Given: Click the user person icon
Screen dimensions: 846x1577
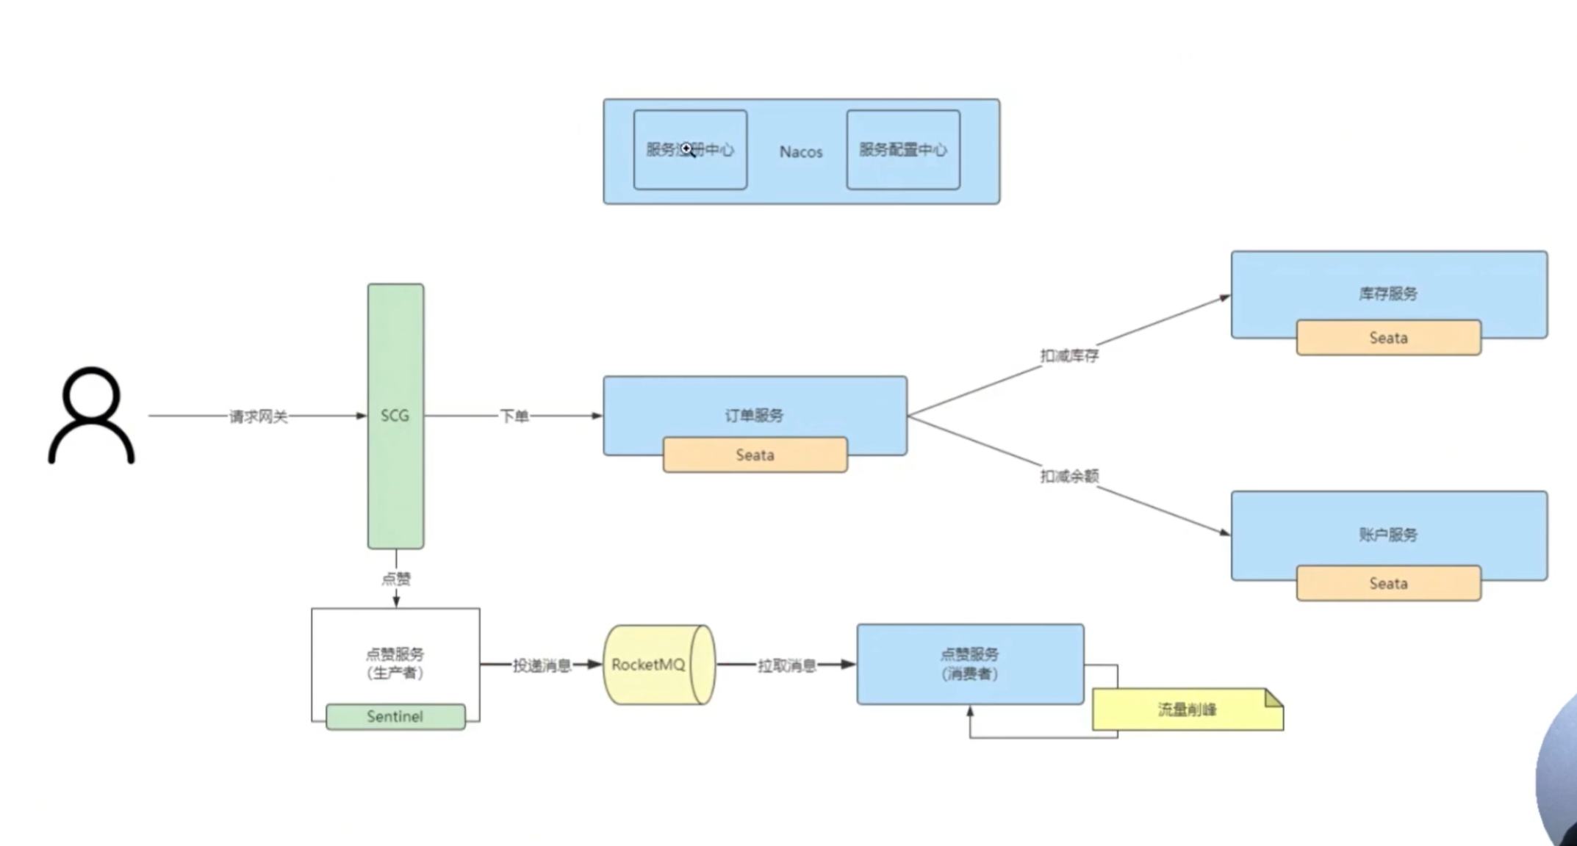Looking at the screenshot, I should coord(91,416).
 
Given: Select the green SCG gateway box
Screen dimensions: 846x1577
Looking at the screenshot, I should coord(395,416).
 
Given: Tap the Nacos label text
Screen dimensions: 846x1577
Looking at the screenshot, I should coord(800,152).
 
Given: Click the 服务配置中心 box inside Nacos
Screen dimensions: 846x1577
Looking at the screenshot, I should coord(902,150).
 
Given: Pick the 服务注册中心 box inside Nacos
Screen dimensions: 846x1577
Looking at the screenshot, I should coord(690,150).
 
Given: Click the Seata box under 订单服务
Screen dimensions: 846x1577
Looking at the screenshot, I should coord(755,455).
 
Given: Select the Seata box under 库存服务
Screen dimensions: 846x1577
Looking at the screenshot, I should coord(1387,338).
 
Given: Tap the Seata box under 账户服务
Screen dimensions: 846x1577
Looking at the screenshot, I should coord(1387,584).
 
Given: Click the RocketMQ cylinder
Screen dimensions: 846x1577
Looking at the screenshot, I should coord(657,665).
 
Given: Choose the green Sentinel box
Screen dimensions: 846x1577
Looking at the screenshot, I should coord(395,717).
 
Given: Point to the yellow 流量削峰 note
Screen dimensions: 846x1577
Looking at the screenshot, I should coord(1186,709).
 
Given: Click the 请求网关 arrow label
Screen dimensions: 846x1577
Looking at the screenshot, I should coord(258,416).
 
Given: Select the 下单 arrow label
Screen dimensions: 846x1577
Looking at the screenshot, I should coord(514,416).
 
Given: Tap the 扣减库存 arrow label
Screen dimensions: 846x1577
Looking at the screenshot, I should coord(1068,356).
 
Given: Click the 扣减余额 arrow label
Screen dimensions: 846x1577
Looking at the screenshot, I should coord(1068,477).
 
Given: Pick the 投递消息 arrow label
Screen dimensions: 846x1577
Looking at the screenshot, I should coord(542,665).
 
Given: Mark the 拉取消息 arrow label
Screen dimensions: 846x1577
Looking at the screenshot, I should coord(786,665).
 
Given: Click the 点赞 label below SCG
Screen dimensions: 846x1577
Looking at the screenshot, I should coord(396,579).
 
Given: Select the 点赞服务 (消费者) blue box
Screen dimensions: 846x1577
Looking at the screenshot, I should coord(969,664).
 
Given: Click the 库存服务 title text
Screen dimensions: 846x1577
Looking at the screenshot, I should coord(1387,294).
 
